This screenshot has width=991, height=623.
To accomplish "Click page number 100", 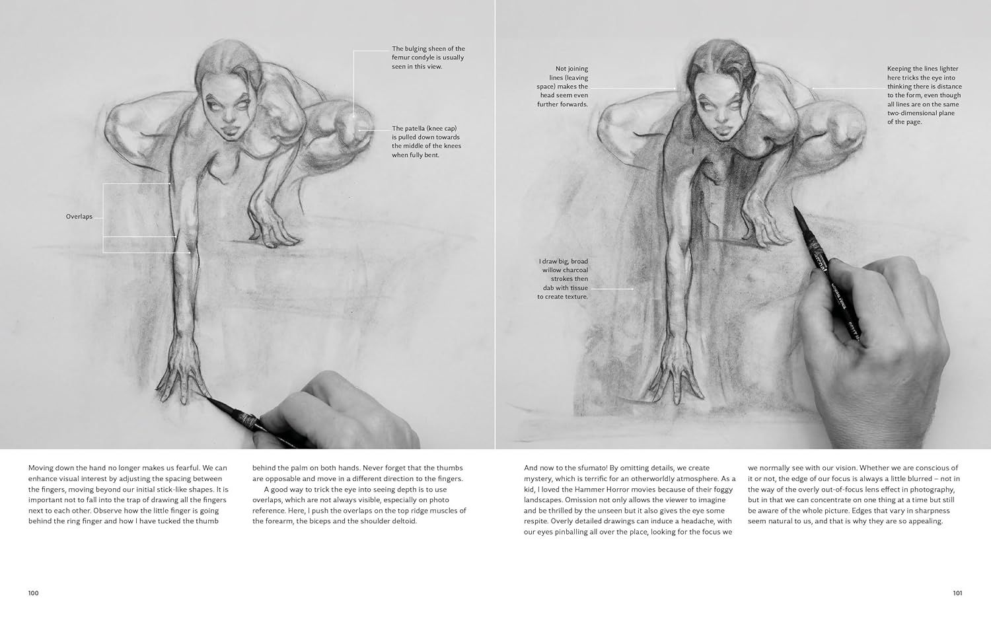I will pyautogui.click(x=33, y=593).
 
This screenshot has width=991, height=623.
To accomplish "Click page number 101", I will pyautogui.click(x=957, y=593).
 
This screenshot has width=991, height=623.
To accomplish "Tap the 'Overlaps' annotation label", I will pyautogui.click(x=79, y=217).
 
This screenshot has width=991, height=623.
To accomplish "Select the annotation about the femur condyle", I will pyautogui.click(x=428, y=57).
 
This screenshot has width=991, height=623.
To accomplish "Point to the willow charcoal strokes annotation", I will pyautogui.click(x=564, y=279).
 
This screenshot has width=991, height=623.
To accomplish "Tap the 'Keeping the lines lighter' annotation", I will pyautogui.click(x=924, y=95).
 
